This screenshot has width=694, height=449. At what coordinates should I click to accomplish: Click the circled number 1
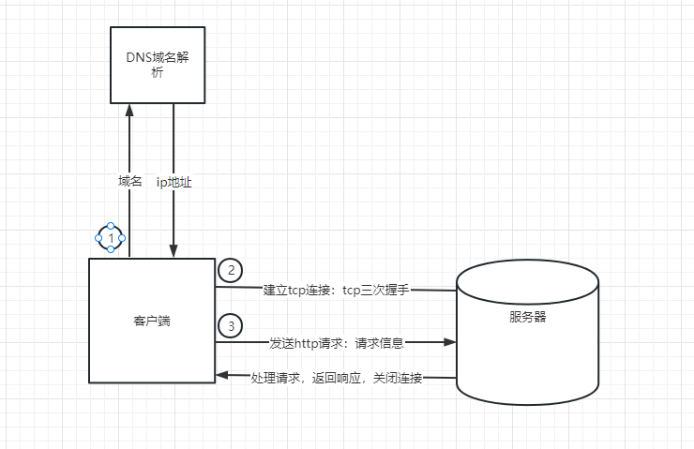pyautogui.click(x=111, y=238)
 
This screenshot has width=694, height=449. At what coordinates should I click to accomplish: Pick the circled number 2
pyautogui.click(x=230, y=270)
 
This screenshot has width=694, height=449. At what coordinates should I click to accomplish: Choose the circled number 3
pyautogui.click(x=230, y=325)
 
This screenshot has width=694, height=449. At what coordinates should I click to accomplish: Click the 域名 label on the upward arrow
pyautogui.click(x=129, y=182)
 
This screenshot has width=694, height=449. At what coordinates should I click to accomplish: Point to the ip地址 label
pyautogui.click(x=174, y=182)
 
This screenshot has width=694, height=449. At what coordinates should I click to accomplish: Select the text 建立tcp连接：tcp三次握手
pyautogui.click(x=337, y=290)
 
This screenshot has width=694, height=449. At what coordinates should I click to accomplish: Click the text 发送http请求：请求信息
pyautogui.click(x=337, y=343)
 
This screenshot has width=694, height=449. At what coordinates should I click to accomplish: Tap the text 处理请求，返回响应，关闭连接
pyautogui.click(x=337, y=378)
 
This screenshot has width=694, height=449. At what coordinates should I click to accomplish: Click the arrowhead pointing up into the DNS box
pyautogui.click(x=129, y=109)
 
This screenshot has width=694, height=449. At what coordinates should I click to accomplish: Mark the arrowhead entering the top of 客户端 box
pyautogui.click(x=173, y=252)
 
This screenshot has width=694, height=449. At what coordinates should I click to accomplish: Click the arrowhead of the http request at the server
pyautogui.click(x=450, y=343)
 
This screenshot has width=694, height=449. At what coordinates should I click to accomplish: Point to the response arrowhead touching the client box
pyautogui.click(x=221, y=376)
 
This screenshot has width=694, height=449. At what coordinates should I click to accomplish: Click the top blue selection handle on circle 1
pyautogui.click(x=111, y=226)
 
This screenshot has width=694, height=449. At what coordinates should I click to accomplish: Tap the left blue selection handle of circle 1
pyautogui.click(x=98, y=238)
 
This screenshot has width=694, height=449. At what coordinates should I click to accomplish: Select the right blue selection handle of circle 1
pyautogui.click(x=123, y=238)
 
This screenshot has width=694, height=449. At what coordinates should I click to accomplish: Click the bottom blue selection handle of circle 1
pyautogui.click(x=111, y=249)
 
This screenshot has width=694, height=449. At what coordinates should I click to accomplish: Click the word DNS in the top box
pyautogui.click(x=138, y=56)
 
